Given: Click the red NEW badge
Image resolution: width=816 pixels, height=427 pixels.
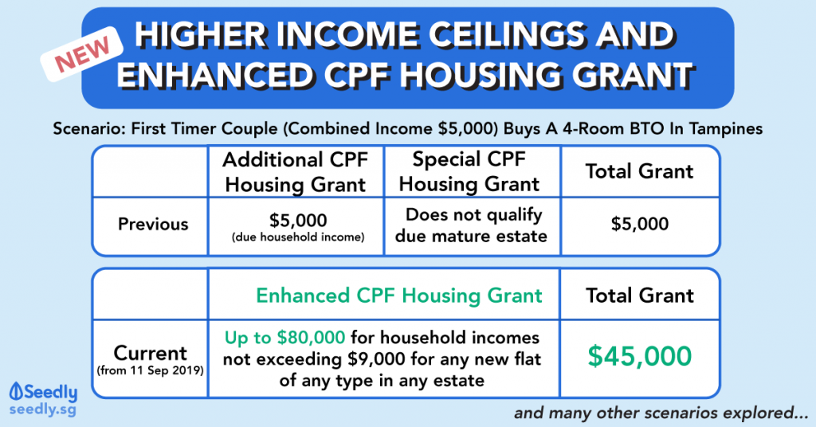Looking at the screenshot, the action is (82, 54).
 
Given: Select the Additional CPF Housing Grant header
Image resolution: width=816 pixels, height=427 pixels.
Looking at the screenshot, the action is (296, 172).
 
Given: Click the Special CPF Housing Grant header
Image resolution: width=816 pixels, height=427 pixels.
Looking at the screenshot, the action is (469, 171).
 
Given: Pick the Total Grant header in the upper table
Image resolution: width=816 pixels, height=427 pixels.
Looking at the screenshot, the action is (640, 171).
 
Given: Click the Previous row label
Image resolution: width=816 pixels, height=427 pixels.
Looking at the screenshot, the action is (153, 224).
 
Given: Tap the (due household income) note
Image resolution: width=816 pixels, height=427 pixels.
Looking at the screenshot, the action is (298, 237).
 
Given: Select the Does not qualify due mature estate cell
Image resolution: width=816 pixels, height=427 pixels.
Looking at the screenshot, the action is (472, 225).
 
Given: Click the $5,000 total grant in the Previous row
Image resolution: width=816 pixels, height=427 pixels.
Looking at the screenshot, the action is (640, 224).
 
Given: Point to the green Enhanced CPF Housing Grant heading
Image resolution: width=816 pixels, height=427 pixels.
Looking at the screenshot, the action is (399, 296).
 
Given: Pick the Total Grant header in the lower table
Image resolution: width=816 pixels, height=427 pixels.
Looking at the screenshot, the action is (640, 296).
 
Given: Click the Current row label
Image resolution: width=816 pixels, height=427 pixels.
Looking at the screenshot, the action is (151, 354).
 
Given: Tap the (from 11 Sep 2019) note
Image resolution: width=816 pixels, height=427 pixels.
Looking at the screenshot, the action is (151, 371).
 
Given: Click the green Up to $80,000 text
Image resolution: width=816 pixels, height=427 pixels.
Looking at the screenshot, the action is (284, 338).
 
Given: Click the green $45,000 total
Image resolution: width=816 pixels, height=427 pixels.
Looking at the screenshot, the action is (640, 356).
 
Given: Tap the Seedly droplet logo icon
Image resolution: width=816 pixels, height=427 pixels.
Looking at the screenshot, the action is (16, 392).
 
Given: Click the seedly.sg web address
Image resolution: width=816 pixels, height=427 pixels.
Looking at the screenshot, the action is (43, 409).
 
